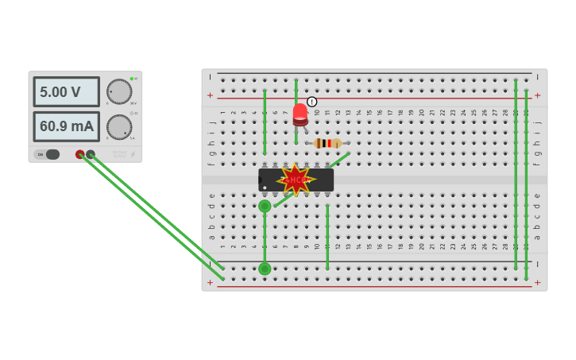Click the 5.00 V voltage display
[x=66, y=92]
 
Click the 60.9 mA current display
[x=66, y=126]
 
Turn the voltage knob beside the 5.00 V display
[x=119, y=91]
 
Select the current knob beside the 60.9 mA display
[x=119, y=127]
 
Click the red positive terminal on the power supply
[x=80, y=154]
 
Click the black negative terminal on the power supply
[x=91, y=154]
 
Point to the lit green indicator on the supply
[x=132, y=79]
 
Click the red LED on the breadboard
[x=300, y=114]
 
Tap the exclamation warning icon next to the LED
[x=312, y=102]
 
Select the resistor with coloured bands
[x=327, y=143]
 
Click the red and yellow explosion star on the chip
[x=296, y=180]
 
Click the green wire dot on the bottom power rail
[x=265, y=269]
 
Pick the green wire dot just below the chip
[x=265, y=206]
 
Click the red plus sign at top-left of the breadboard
[x=210, y=95]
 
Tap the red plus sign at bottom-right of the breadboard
[x=537, y=282]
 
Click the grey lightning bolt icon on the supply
[x=133, y=154]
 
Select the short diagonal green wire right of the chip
[x=339, y=160]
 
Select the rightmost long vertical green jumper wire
[x=525, y=183]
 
